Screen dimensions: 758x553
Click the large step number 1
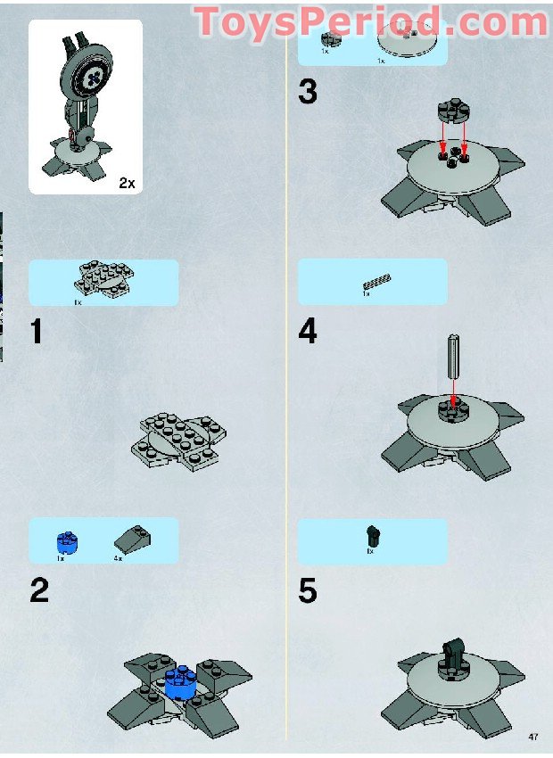coord(36,332)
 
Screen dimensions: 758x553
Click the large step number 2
coord(38,590)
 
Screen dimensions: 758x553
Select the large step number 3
coord(308,92)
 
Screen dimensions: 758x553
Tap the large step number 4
coord(308,332)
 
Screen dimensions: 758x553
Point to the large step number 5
coord(308,590)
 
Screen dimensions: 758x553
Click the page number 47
coord(533,737)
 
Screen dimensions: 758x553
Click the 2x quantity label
coord(126,183)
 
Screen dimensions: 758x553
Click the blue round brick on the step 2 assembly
coord(182,682)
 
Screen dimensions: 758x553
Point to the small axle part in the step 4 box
coord(377,284)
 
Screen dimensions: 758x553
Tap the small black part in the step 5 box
coord(372,536)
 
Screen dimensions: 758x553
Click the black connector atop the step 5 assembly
coord(452,648)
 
